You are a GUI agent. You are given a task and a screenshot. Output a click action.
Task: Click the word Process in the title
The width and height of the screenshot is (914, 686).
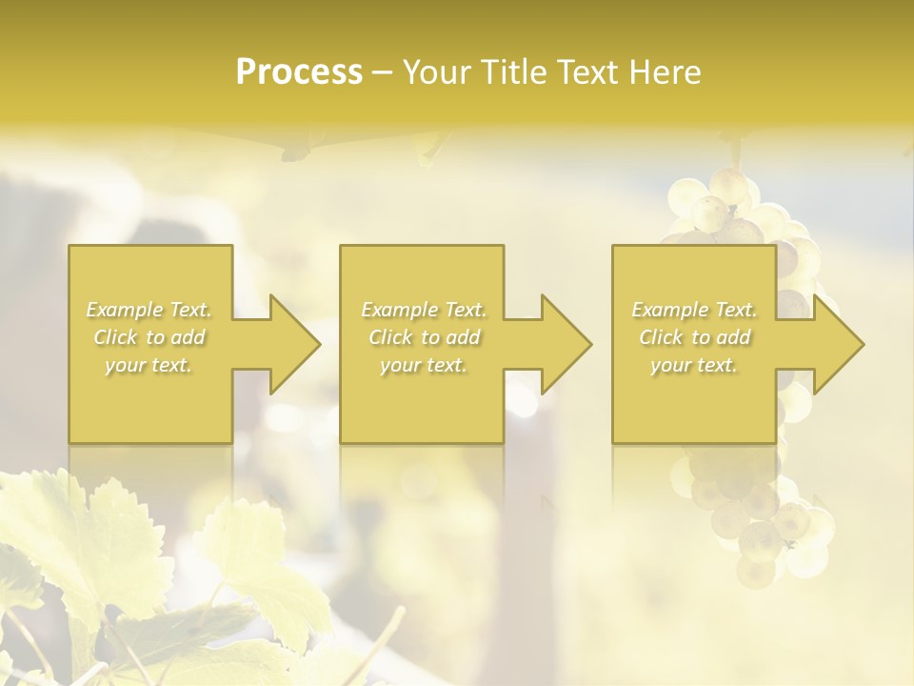coord(299,72)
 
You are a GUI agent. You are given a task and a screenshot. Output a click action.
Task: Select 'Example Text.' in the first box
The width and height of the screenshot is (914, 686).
coord(149,310)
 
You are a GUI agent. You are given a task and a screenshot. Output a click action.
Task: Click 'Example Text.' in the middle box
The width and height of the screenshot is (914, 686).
coord(423,310)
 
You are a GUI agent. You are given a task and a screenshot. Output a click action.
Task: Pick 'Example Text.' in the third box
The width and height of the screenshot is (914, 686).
coord(694,310)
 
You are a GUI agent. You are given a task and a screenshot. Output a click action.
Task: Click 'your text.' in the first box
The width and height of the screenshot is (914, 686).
coord(149,365)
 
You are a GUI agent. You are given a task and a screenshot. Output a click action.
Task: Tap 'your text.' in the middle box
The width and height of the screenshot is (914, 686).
coord(423,365)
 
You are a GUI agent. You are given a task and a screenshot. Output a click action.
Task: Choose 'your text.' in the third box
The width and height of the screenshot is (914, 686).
coord(694,365)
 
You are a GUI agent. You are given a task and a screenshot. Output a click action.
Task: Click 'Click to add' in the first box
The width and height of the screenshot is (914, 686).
coord(149,337)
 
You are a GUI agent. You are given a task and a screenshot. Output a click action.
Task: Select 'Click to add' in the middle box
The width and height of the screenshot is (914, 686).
coord(423,337)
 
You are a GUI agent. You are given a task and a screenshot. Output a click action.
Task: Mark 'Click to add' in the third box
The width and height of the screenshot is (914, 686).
coord(694,337)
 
